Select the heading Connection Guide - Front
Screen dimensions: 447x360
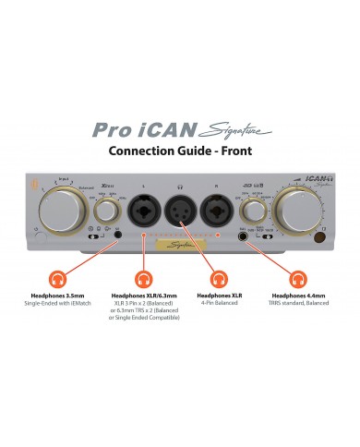tap(179, 151)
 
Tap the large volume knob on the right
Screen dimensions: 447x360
tap(301, 203)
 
